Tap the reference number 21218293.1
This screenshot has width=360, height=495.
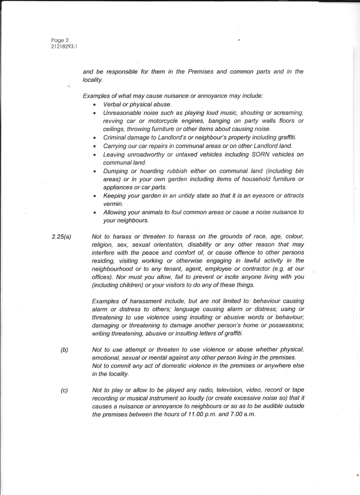[65, 46]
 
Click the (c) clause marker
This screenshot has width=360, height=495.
[64, 390]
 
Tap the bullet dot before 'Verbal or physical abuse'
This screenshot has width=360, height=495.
[94, 104]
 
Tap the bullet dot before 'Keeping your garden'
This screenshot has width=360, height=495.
[94, 196]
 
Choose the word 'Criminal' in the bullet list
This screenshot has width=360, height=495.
[116, 137]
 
